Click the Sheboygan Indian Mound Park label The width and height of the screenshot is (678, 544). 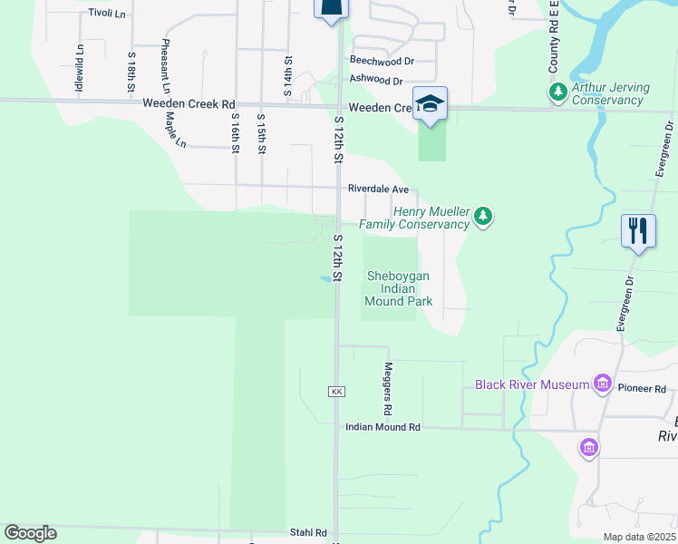coord(398,288)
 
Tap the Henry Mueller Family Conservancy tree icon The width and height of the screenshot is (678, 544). coord(485,216)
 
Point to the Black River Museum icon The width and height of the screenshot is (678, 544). coord(600,384)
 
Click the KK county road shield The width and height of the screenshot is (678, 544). coord(337,391)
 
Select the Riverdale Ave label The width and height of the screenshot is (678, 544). coord(378,189)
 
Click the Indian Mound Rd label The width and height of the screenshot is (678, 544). coord(383,426)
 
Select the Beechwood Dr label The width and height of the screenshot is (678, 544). coord(382,61)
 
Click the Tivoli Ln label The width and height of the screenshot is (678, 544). coord(107,14)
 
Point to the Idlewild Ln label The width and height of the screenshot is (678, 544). coord(80,70)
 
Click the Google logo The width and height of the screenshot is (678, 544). coord(30,533)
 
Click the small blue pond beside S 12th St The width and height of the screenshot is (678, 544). coord(324,279)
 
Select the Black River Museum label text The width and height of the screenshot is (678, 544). coord(532,385)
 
